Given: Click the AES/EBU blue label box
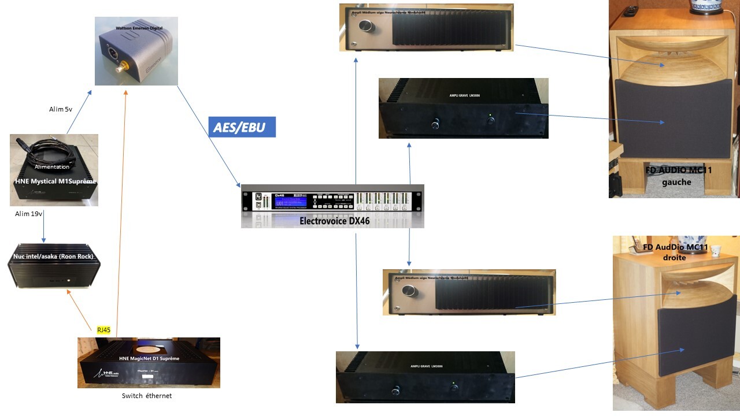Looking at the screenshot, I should (x=242, y=127).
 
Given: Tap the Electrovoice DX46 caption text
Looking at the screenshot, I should (x=334, y=221).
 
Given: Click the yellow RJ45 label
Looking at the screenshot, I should (x=104, y=329).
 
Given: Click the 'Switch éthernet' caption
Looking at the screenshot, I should (x=147, y=396).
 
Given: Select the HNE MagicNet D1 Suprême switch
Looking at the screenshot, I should (x=149, y=363).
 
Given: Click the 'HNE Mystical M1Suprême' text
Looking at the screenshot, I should (x=55, y=182).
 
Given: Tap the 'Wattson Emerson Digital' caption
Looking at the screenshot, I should (x=136, y=28).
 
